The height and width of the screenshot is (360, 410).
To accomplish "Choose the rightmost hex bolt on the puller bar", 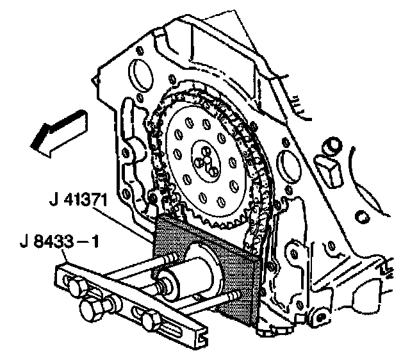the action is (151, 318).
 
